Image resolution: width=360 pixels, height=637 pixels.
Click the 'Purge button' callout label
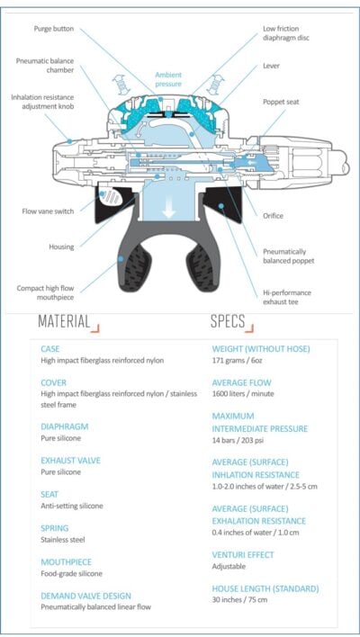click(54, 29)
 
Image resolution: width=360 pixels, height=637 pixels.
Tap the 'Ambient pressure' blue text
click(168, 79)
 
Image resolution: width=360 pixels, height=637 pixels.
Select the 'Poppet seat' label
click(281, 102)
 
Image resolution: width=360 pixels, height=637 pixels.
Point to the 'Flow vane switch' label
click(48, 211)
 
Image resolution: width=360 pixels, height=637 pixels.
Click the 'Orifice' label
click(273, 216)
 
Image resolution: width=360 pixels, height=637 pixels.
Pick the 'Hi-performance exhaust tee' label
click(287, 298)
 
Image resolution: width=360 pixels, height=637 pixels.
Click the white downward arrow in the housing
click(168, 210)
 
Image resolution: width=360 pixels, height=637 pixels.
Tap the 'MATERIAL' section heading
click(64, 321)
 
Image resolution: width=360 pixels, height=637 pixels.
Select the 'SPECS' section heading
click(228, 321)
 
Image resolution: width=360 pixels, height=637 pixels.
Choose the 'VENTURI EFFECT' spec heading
click(243, 554)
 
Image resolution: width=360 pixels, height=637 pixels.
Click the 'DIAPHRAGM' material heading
click(65, 426)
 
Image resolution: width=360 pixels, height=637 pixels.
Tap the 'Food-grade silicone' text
click(71, 574)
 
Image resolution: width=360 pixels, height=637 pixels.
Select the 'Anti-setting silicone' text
click(72, 506)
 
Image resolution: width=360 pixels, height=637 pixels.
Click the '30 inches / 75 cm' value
click(239, 599)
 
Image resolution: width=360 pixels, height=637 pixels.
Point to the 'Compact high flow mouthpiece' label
click(46, 292)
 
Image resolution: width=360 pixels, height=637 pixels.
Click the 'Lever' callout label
click(271, 66)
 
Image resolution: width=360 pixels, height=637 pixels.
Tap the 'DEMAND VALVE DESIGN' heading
click(86, 596)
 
